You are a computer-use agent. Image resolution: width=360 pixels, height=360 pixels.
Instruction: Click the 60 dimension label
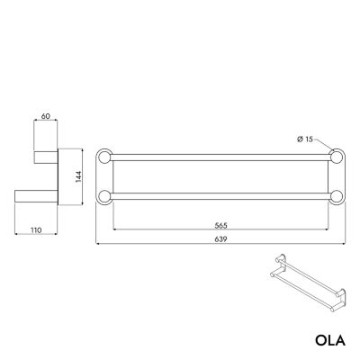pos(46,116)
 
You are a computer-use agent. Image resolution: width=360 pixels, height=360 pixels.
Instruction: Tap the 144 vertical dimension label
pos(78,176)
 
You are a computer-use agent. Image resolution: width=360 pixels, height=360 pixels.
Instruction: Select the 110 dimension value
pos(36,230)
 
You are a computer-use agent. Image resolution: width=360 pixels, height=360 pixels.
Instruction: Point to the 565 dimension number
pos(220,225)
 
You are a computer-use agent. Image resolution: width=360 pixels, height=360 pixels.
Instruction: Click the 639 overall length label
pos(220,239)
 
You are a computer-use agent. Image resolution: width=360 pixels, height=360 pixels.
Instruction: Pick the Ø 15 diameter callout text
pos(305,139)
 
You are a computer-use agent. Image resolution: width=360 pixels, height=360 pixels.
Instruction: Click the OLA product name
pos(330,340)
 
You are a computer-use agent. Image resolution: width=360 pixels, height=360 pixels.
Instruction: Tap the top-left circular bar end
pos(104,157)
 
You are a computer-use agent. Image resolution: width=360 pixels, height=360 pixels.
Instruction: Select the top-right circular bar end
pos(337,157)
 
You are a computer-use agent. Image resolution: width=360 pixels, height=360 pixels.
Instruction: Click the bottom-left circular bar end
pos(104,196)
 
